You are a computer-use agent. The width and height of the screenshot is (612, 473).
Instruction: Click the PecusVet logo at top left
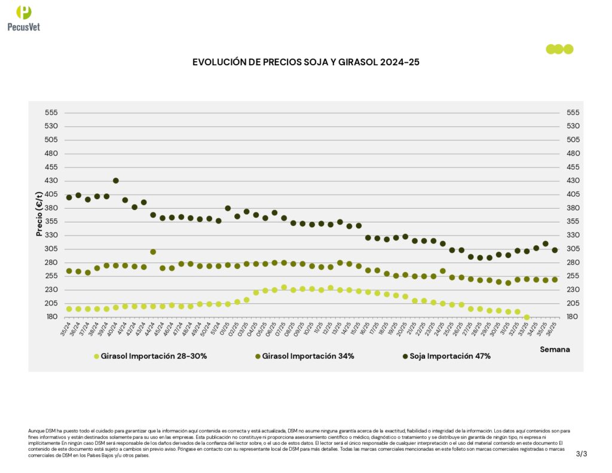pos(24,18)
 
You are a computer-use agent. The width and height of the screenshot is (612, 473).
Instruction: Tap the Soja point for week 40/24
pos(115,181)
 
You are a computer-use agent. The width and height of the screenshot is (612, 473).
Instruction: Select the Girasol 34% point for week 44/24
pos(153,252)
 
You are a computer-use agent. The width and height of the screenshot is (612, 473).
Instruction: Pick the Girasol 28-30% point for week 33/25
pos(527,318)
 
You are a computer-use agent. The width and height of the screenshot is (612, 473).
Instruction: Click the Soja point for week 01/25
pos(228,208)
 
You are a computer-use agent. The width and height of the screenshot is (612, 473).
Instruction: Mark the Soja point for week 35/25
pos(545,244)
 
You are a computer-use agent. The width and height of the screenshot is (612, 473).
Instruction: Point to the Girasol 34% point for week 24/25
pos(442,271)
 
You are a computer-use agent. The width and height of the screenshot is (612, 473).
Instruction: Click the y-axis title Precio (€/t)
pos(39,213)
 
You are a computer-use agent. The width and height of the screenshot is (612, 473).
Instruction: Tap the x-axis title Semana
pos(555,349)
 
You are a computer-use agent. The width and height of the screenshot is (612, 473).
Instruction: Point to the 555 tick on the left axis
pos(51,112)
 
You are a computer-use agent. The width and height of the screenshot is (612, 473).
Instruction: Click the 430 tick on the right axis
pos(573,181)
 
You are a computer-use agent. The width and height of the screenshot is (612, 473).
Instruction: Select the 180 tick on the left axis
pos(51,317)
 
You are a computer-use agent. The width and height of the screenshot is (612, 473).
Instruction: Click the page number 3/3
pos(582,454)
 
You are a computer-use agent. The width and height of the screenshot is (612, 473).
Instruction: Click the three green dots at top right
pos(559,49)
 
